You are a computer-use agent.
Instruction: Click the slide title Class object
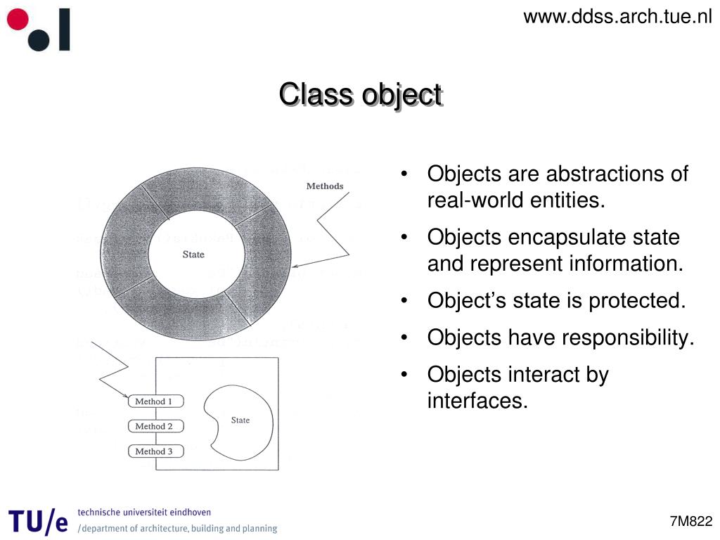360,94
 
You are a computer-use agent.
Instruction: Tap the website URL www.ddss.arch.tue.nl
617,16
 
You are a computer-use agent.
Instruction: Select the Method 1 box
155,401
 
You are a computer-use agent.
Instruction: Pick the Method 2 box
155,426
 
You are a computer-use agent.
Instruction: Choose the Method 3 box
155,451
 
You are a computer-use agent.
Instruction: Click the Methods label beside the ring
325,186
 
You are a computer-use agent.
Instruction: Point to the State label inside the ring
193,255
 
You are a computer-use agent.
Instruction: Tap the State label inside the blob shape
240,420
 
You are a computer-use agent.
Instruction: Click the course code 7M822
691,521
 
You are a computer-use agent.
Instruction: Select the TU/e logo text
39,521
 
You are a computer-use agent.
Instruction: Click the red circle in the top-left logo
17,19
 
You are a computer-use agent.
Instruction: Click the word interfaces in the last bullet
476,401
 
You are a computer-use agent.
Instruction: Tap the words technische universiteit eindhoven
144,513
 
